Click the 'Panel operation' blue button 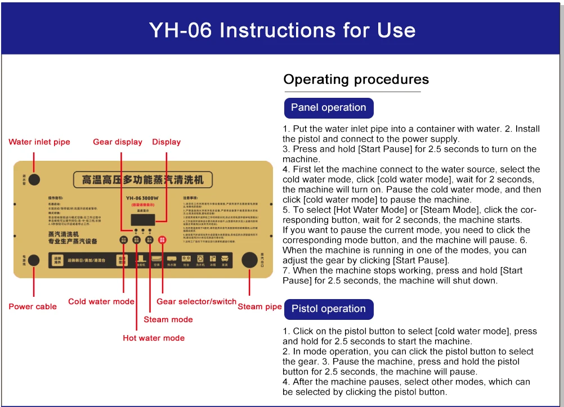click(328, 107)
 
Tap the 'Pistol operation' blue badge click(328, 309)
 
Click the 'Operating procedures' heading click(356, 80)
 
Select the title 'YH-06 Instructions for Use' click(282, 30)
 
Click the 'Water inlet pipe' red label click(39, 142)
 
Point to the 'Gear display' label click(118, 142)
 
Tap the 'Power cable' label click(33, 306)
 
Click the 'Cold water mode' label click(101, 301)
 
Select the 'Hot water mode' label click(154, 338)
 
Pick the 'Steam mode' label click(168, 319)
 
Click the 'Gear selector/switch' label click(196, 301)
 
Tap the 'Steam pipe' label click(259, 306)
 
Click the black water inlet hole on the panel click(34, 179)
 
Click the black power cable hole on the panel click(34, 260)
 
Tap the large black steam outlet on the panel click(249, 260)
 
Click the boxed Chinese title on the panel click(143, 180)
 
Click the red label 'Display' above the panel click(166, 142)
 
